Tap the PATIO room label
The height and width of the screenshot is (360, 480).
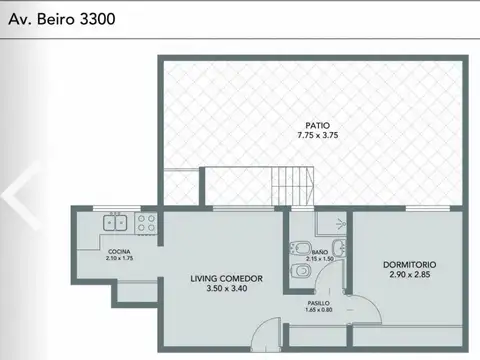pyautogui.click(x=318, y=125)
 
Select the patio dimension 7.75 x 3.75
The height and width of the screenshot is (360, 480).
pyautogui.click(x=318, y=135)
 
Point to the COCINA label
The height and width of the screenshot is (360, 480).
pyautogui.click(x=119, y=251)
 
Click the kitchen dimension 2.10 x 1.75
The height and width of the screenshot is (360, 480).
pyautogui.click(x=119, y=258)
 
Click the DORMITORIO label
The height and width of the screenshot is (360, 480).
pyautogui.click(x=410, y=264)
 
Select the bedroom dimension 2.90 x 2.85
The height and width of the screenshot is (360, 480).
pyautogui.click(x=410, y=274)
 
